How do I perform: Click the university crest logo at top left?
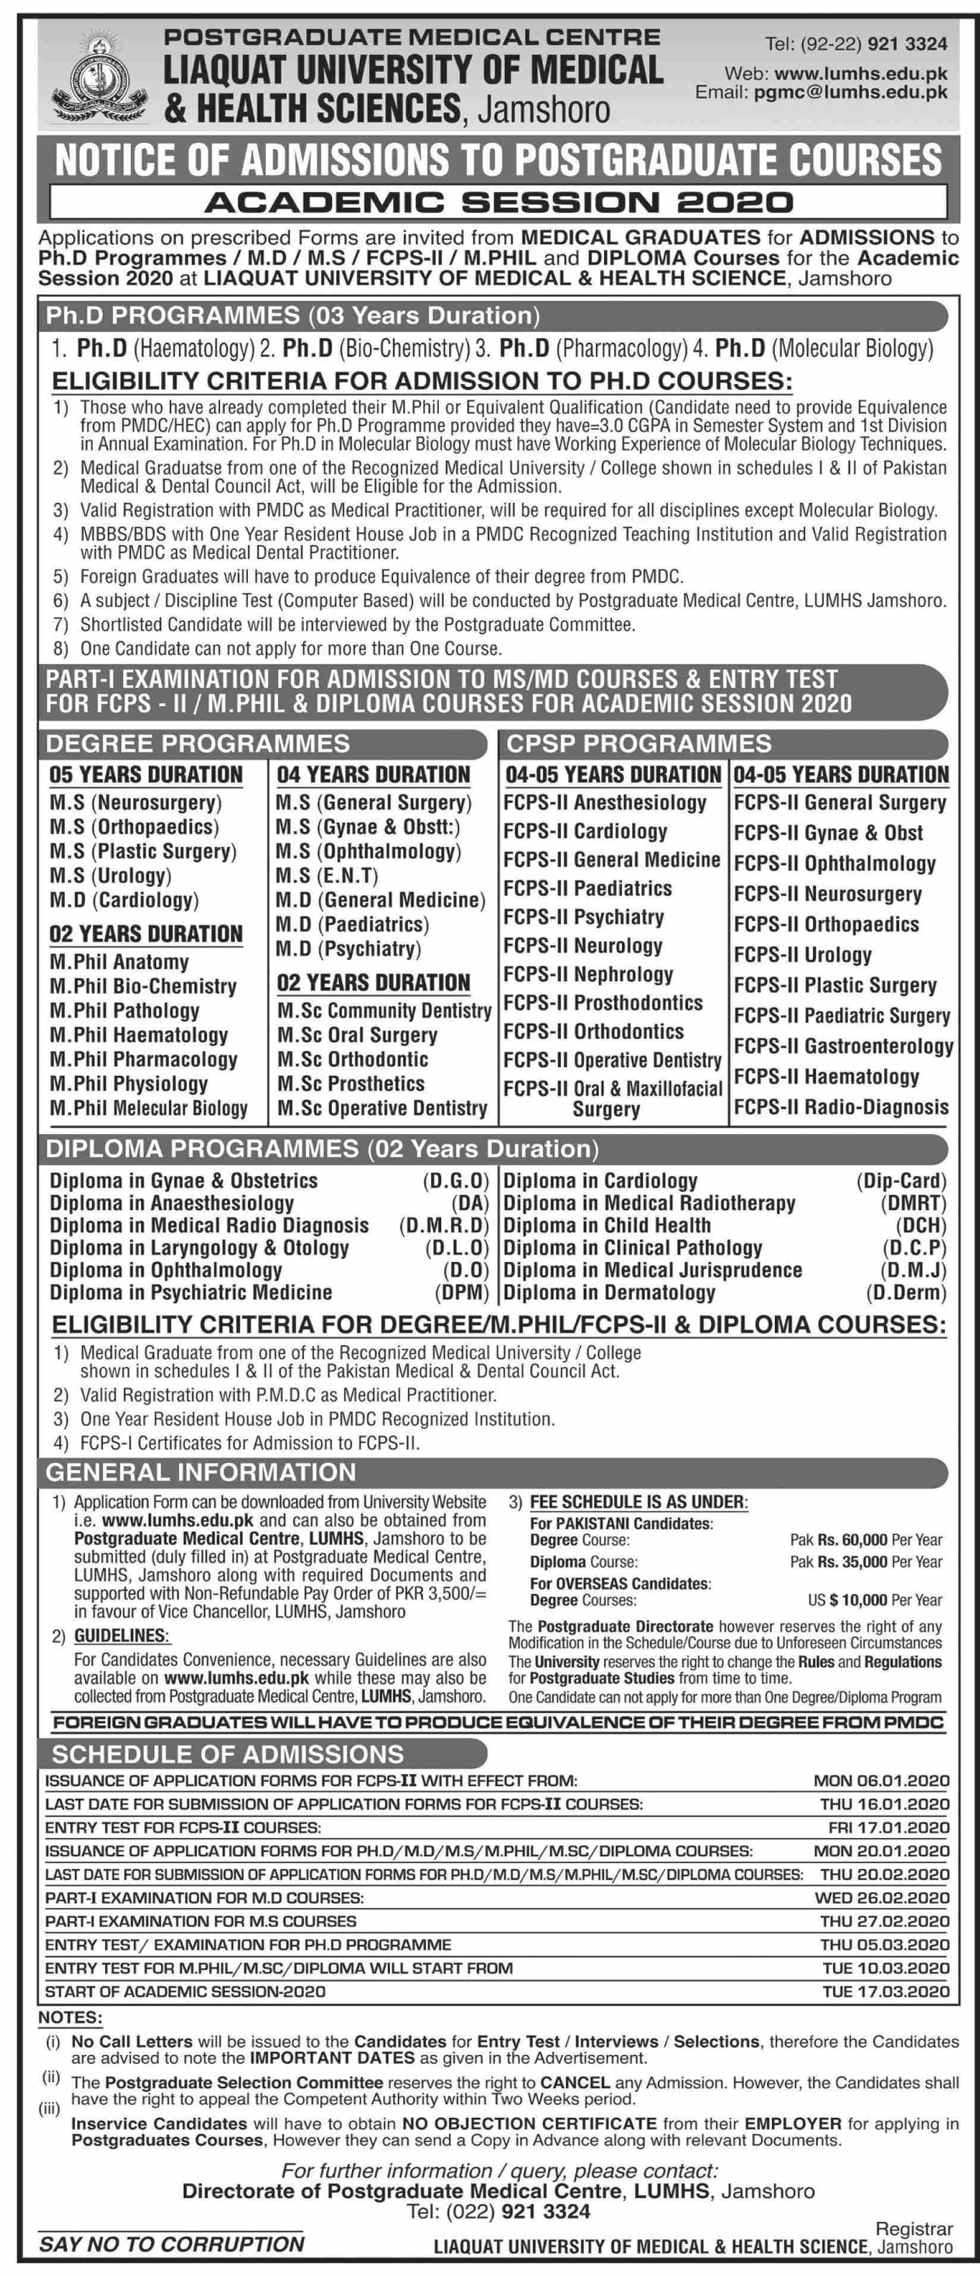pyautogui.click(x=99, y=81)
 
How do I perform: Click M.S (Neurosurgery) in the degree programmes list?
pyautogui.click(x=135, y=802)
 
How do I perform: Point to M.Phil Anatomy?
pyautogui.click(x=120, y=962)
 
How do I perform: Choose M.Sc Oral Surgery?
pyautogui.click(x=357, y=1035)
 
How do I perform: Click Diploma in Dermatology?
pyautogui.click(x=609, y=1293)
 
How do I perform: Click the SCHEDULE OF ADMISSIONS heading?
pyautogui.click(x=227, y=1754)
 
